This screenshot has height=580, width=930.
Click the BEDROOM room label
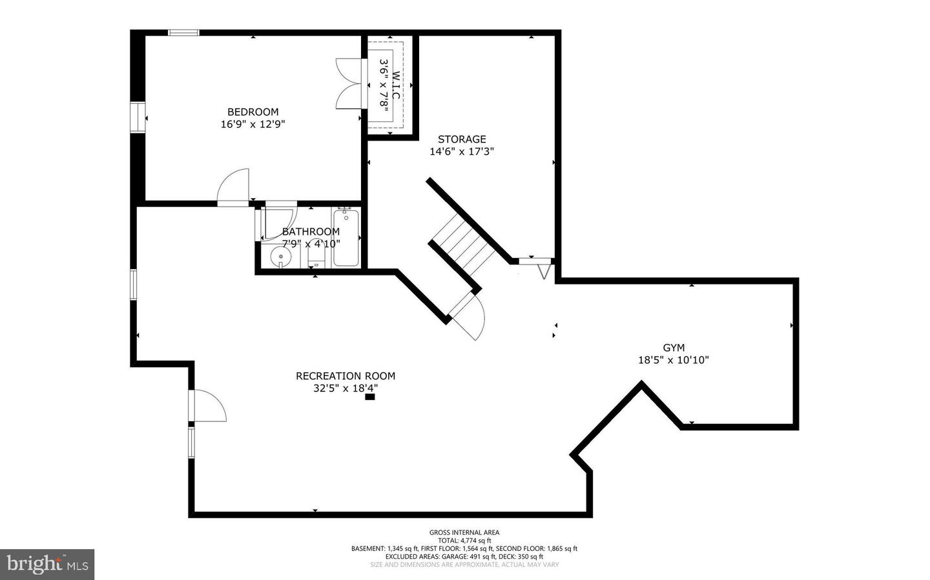click(253, 112)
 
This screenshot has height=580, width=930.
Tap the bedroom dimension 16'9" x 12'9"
click(253, 124)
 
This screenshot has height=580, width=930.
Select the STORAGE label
click(462, 139)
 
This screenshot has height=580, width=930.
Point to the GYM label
click(674, 348)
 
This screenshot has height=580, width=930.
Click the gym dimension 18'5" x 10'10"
click(674, 360)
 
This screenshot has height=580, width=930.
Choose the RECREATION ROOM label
click(346, 376)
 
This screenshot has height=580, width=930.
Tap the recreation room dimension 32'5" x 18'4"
click(346, 388)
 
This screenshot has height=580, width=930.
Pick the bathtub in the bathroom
click(346, 238)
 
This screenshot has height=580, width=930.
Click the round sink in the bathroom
click(281, 257)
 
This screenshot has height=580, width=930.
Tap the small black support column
click(369, 397)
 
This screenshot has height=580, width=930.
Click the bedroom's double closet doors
click(349, 84)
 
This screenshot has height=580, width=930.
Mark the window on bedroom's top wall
click(183, 32)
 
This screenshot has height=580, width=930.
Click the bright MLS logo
click(47, 565)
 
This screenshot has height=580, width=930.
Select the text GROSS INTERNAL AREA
click(464, 532)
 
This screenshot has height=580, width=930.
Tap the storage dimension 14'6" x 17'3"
click(462, 152)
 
